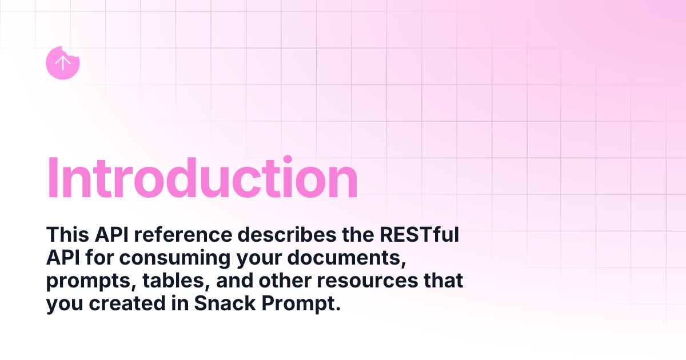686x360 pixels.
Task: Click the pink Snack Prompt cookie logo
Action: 62,63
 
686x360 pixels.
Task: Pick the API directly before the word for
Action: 63,258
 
